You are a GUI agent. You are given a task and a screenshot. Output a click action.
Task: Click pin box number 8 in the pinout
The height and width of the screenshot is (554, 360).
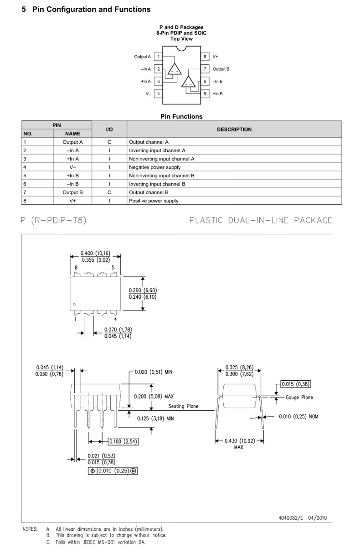coord(205,57)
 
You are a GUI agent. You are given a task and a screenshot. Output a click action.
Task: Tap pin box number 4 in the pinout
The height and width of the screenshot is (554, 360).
coord(158,93)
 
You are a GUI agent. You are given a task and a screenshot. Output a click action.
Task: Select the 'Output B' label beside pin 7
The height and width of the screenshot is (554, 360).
coord(221,69)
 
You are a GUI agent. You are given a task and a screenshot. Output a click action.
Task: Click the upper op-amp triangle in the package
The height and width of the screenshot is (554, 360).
coord(175,69)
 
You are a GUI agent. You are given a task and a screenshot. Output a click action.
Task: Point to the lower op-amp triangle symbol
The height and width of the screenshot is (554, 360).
coord(189,82)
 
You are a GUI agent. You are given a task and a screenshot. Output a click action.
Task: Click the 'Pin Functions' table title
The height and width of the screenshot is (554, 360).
coord(181,117)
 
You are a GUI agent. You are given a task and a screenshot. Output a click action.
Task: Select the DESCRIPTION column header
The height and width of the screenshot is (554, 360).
coord(234,129)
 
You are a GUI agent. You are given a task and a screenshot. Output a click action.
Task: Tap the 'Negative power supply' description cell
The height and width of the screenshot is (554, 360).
coord(155,167)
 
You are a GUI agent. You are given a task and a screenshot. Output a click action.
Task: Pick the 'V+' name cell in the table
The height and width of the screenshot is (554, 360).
coord(72,201)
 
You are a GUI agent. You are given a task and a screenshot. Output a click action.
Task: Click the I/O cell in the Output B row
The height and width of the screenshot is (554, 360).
coord(109,192)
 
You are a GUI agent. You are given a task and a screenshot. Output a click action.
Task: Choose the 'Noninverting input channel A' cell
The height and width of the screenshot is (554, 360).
coord(162,159)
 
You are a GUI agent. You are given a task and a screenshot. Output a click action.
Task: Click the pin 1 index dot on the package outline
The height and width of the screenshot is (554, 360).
coord(74,304)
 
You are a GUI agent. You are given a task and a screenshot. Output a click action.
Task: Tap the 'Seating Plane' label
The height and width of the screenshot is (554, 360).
coord(183,406)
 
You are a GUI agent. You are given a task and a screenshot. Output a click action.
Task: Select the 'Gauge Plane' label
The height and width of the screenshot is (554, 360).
coord(299,398)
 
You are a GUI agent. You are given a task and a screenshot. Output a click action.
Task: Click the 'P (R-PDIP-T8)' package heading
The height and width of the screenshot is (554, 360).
coord(54,221)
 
